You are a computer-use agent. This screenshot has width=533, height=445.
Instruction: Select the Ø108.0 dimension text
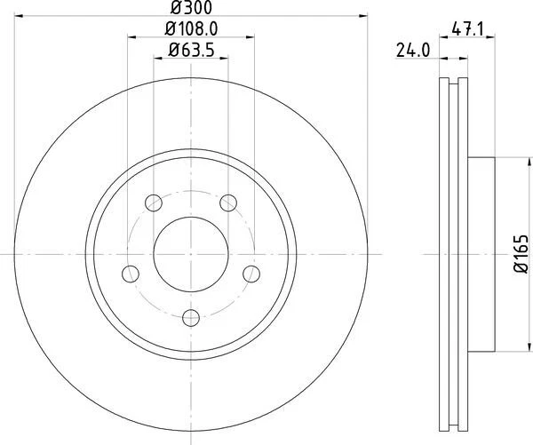191,30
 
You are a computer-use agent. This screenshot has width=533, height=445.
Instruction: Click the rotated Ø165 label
521,254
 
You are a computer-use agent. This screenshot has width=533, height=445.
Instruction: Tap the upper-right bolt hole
228,202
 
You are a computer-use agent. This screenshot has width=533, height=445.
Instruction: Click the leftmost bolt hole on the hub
130,273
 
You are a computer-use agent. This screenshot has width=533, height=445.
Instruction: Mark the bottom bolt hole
191,317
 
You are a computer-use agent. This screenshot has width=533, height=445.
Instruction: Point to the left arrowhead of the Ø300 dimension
20,15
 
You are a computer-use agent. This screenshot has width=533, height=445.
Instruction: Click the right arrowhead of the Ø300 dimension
364,15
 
